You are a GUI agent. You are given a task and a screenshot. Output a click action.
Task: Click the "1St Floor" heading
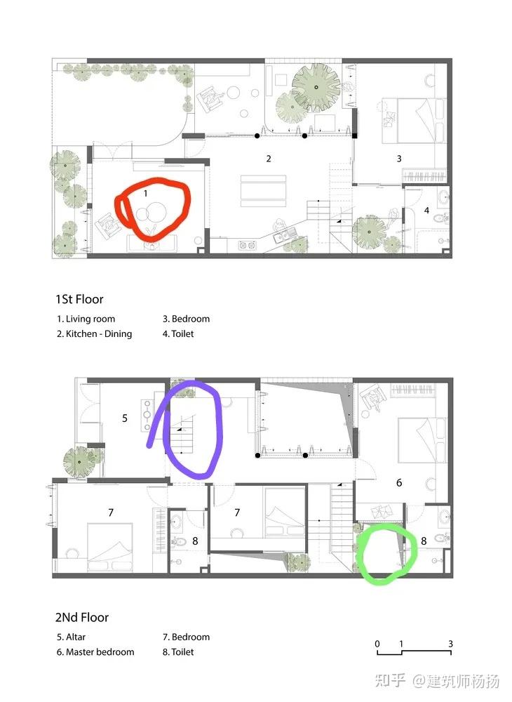[x=79, y=299]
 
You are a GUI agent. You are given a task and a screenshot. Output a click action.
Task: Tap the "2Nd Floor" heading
[x=82, y=617]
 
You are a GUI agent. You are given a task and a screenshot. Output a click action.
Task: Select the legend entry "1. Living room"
[x=86, y=319]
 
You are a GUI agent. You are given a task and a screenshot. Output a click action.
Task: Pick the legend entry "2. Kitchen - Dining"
[x=95, y=333]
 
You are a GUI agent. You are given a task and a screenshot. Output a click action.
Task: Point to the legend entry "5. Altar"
[x=71, y=637]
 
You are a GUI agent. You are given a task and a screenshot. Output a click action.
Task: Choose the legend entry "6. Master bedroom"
[x=95, y=652]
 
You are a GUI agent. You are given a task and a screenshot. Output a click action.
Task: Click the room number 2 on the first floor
[x=269, y=159]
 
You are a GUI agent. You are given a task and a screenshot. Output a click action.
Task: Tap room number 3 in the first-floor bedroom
[x=399, y=159]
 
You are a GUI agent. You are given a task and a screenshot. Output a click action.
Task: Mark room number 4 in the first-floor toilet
[x=426, y=210]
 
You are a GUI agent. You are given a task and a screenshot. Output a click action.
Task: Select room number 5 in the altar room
[x=125, y=418]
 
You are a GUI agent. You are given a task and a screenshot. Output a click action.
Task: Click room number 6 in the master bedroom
[x=399, y=483]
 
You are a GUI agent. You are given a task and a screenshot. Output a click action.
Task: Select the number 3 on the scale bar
[x=450, y=644]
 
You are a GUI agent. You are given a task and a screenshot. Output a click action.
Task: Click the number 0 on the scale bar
[x=377, y=644]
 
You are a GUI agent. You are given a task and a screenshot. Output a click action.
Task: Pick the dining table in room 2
[x=264, y=191]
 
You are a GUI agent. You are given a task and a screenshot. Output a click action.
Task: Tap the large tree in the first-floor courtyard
[x=316, y=87]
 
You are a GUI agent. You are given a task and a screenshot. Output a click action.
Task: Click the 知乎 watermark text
[x=389, y=680]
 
